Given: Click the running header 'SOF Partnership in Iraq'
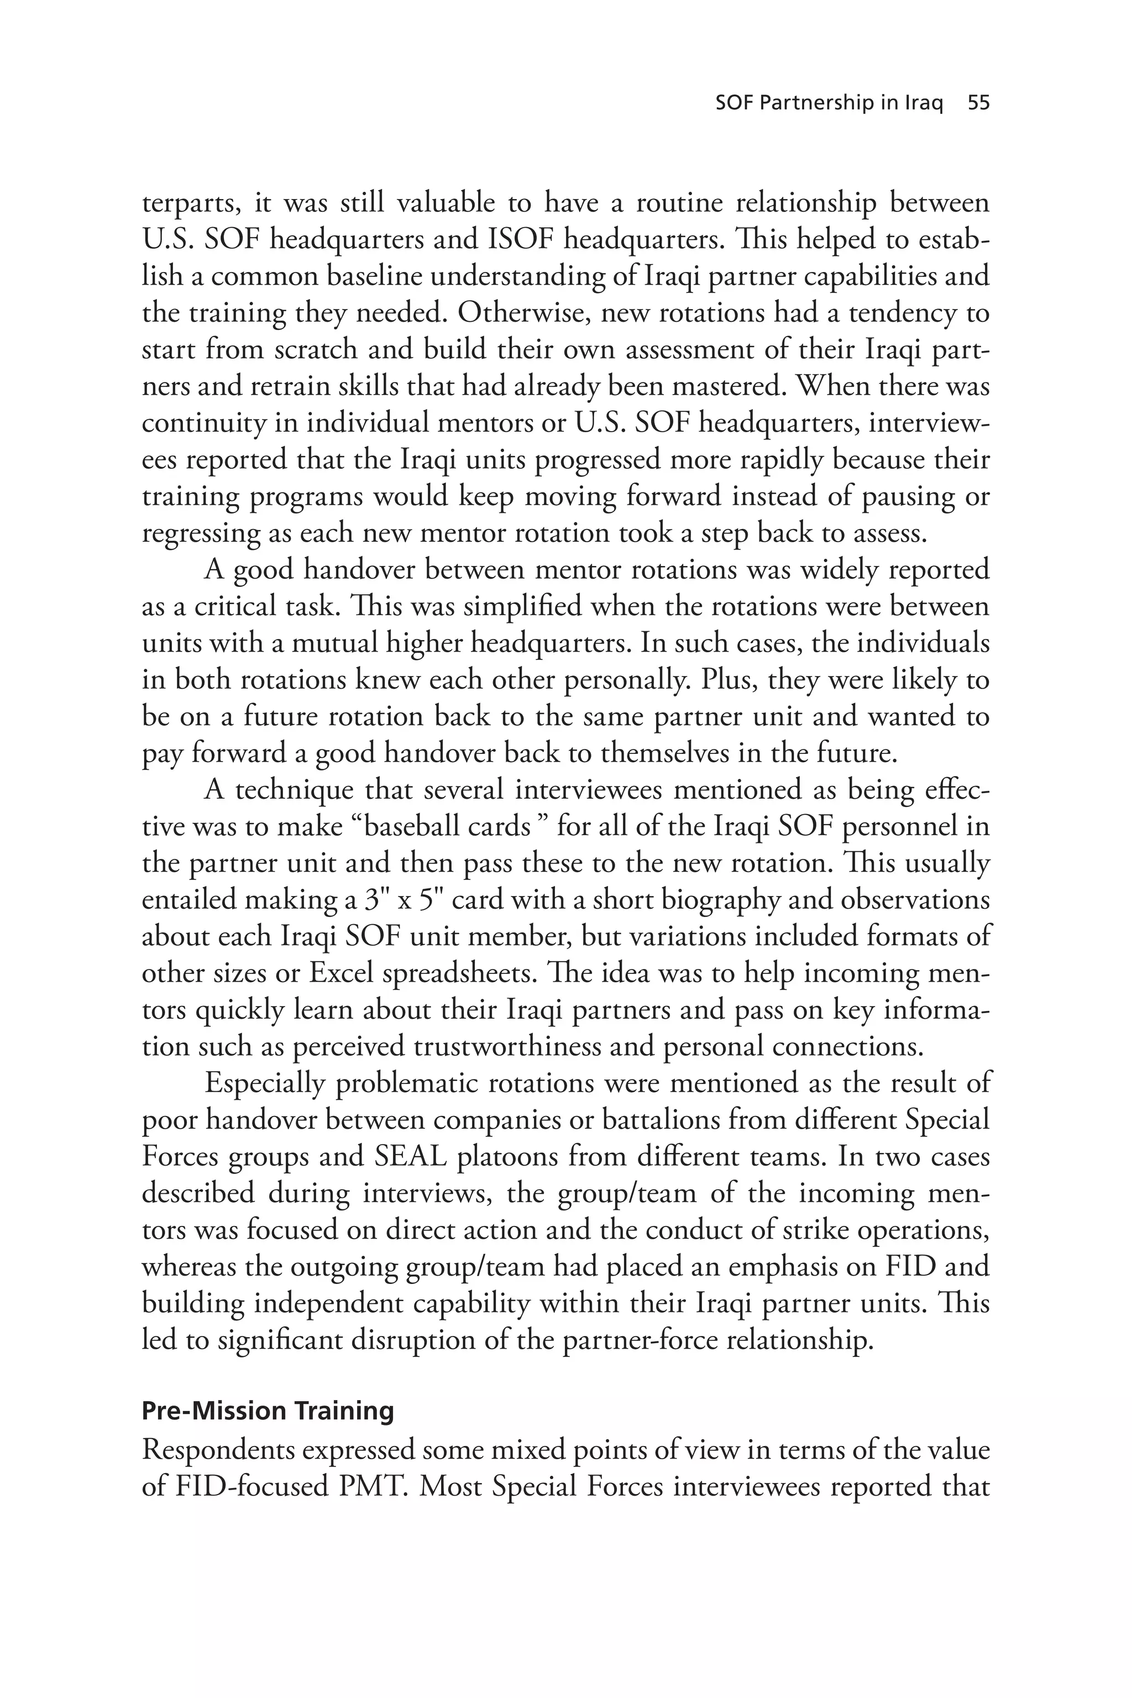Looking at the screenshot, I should pyautogui.click(x=829, y=103).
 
